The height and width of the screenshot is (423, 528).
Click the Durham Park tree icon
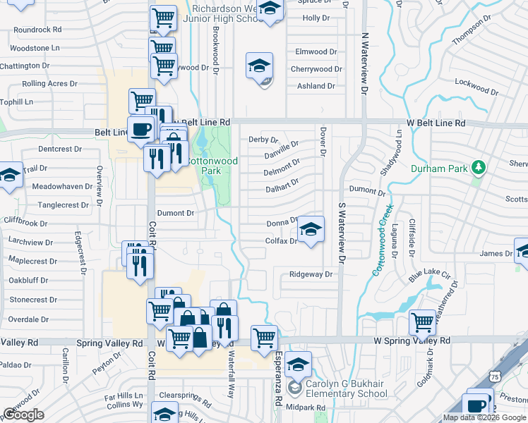(x=479, y=167)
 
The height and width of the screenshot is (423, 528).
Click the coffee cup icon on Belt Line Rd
(x=142, y=128)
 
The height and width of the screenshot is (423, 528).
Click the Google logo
(x=23, y=415)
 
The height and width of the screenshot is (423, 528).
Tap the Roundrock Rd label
(x=37, y=30)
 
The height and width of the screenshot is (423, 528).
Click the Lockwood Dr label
(x=472, y=82)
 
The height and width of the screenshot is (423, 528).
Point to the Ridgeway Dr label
(x=311, y=274)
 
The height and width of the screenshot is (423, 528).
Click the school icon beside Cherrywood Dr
(x=259, y=66)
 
